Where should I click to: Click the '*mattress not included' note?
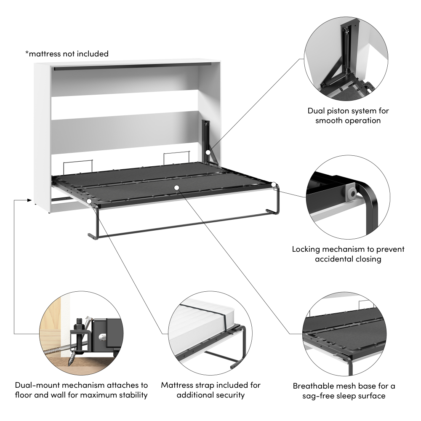pos(67,54)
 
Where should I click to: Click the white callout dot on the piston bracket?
pos(208,152)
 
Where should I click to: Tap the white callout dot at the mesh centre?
pos(177,187)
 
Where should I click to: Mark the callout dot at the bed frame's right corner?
pos(274,184)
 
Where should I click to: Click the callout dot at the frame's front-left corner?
pos(90,203)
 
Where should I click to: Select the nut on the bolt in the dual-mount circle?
pos(79,326)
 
